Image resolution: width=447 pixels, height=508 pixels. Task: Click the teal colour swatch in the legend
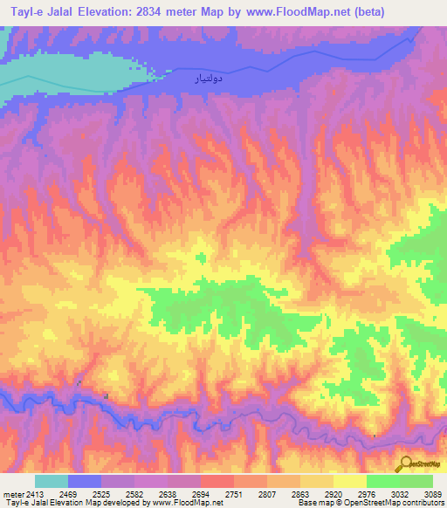click(x=52, y=481)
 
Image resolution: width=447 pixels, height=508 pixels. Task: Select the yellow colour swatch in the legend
click(x=350, y=481)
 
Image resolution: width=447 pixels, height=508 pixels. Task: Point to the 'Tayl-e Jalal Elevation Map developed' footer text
click(x=70, y=503)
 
